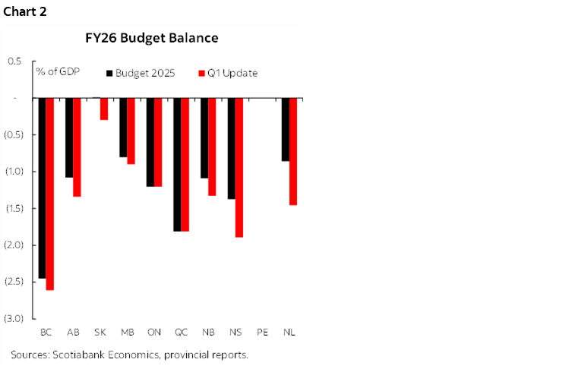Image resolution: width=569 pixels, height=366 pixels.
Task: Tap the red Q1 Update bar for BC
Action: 50,194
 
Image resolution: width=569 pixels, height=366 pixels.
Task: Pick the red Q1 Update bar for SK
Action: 104,109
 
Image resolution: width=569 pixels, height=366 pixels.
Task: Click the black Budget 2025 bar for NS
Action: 231,148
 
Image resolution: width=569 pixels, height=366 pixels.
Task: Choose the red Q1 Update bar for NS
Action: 239,167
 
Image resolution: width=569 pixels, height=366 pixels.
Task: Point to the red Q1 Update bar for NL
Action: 293,151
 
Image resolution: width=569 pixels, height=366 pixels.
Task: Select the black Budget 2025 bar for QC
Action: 177,164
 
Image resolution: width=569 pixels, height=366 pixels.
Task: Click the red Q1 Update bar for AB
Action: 77,147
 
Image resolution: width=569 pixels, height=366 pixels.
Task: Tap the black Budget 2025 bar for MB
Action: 123,127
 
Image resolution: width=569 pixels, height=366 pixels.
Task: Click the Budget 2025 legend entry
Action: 145,73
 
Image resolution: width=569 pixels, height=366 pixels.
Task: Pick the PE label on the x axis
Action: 262,333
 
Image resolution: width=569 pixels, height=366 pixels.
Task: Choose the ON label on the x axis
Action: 153,333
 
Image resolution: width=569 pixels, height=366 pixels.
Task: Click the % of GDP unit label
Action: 58,73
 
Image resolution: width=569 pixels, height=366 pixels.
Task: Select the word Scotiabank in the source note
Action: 79,355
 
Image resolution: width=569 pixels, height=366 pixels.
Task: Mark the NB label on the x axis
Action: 208,333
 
